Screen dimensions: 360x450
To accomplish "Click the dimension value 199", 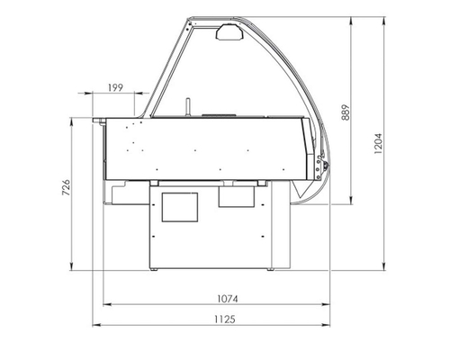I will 114,86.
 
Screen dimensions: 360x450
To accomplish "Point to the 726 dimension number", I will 67,190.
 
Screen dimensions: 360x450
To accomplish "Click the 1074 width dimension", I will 212,298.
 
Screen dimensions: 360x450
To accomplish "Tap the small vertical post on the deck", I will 188,106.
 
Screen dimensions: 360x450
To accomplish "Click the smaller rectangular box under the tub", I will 238,195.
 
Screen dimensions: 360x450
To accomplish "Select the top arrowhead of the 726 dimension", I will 75,117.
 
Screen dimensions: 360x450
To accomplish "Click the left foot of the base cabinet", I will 156,267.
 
